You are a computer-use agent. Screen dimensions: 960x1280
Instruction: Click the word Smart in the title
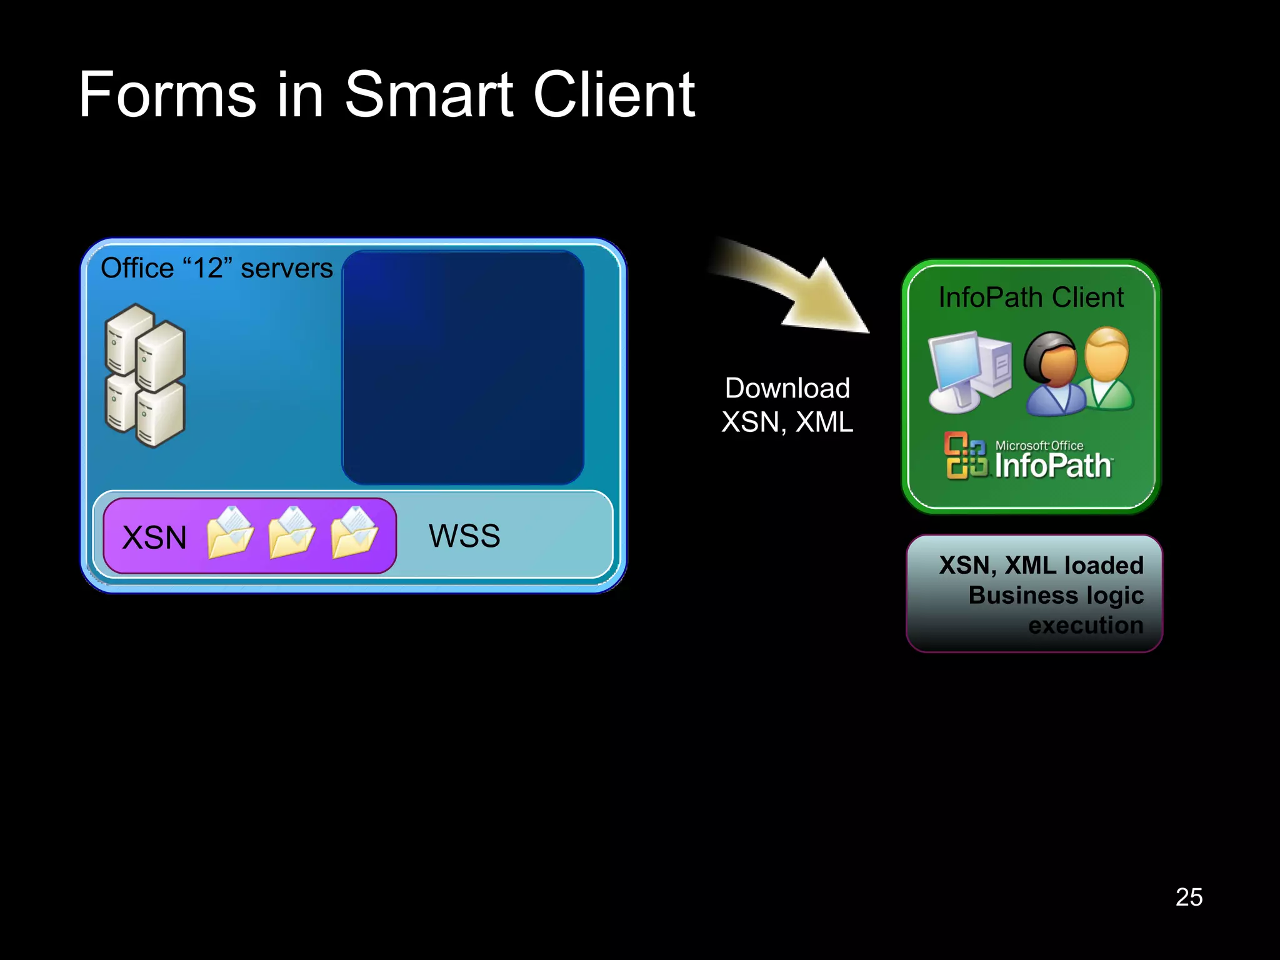pyautogui.click(x=429, y=94)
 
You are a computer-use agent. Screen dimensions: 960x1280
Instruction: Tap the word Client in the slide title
pyautogui.click(x=614, y=94)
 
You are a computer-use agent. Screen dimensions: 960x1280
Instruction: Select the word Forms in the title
pyautogui.click(x=167, y=94)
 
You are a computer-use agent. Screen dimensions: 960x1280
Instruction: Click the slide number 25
pyautogui.click(x=1189, y=897)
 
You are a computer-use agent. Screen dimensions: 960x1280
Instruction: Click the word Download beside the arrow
pyautogui.click(x=787, y=388)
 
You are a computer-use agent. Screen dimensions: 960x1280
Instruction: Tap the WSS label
pyautogui.click(x=464, y=536)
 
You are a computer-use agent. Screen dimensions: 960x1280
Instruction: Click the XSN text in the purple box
pyautogui.click(x=154, y=537)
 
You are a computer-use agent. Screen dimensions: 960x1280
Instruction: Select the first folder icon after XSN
pyautogui.click(x=230, y=532)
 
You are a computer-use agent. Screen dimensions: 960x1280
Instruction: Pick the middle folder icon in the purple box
pyautogui.click(x=292, y=532)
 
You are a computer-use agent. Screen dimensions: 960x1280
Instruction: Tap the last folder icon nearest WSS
pyautogui.click(x=354, y=532)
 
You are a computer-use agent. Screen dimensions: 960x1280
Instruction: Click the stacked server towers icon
pyautogui.click(x=146, y=376)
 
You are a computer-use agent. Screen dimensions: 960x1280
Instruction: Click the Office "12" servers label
pyautogui.click(x=216, y=268)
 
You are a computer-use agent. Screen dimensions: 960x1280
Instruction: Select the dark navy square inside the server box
pyautogui.click(x=463, y=367)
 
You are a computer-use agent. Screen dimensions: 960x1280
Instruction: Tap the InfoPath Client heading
pyautogui.click(x=1031, y=297)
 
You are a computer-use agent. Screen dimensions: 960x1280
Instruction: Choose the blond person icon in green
pyautogui.click(x=1107, y=369)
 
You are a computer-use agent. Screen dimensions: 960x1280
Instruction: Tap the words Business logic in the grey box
pyautogui.click(x=1056, y=595)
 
